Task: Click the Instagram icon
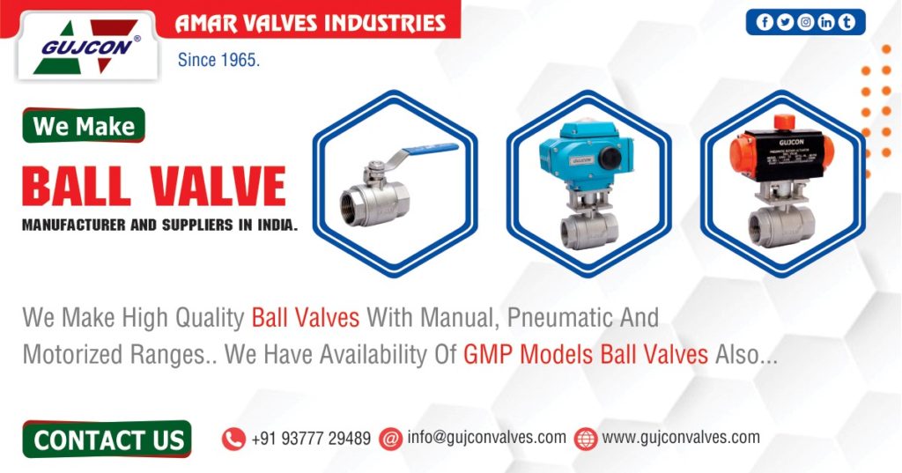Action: click(x=805, y=23)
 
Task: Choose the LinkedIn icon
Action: click(x=825, y=23)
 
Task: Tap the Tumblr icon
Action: click(x=847, y=23)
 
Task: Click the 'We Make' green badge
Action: click(x=84, y=126)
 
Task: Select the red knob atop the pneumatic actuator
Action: click(x=781, y=122)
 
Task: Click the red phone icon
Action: click(x=233, y=439)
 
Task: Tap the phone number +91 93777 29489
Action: click(x=310, y=439)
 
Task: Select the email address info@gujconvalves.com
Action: click(x=486, y=438)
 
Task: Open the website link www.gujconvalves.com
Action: click(x=681, y=438)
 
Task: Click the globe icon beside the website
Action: click(x=586, y=439)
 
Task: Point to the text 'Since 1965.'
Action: click(x=218, y=62)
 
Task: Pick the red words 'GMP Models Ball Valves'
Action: click(x=586, y=355)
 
